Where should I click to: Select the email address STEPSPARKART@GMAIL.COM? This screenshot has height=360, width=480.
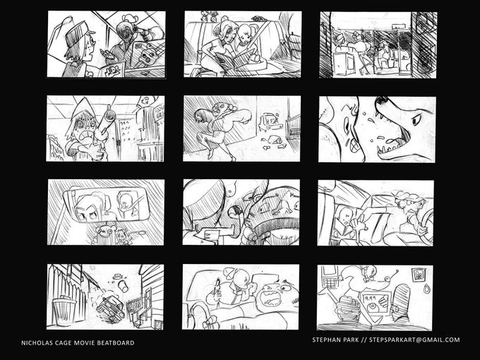[x=414, y=340]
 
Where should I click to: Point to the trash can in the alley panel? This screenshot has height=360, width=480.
[x=64, y=311]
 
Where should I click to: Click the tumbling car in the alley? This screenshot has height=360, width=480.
[x=110, y=308]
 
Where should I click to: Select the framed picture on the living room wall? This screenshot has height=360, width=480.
[x=418, y=275]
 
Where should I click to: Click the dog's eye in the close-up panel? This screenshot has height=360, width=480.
[x=416, y=120]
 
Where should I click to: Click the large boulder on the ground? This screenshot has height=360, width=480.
[x=275, y=140]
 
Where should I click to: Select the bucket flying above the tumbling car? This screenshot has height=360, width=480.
[x=124, y=286]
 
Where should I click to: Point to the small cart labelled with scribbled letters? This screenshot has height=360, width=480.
[x=268, y=121]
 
